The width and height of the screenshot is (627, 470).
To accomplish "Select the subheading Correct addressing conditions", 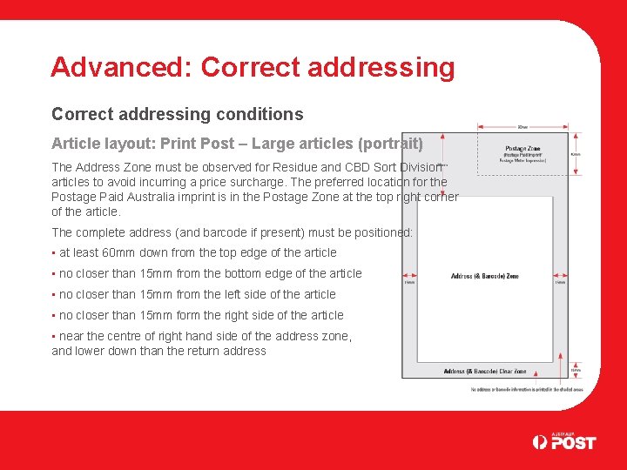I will [x=178, y=114].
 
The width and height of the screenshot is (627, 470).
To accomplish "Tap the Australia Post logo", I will [x=564, y=441].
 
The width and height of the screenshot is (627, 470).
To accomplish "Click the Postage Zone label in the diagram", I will [x=522, y=149].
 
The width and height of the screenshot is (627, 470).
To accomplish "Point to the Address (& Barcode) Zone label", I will [x=484, y=277].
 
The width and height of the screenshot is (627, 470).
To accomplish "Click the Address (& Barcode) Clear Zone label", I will [x=484, y=372].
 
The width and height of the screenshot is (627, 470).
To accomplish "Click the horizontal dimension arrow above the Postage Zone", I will [x=522, y=127].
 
